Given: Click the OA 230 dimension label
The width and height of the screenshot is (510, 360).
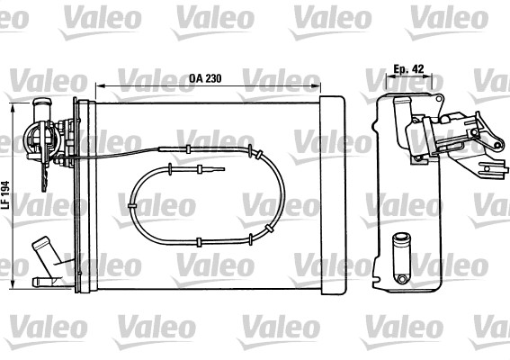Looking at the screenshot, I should (x=206, y=77).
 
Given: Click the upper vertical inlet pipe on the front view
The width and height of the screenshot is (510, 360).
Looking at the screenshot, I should (x=41, y=112).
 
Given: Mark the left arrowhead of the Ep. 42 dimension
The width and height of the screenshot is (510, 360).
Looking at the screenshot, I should (x=385, y=77).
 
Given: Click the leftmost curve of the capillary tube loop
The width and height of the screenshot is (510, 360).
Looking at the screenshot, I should (x=132, y=205).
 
